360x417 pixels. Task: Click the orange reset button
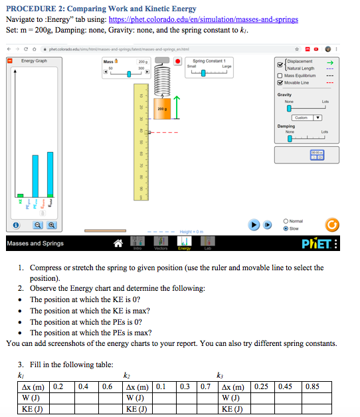[338, 224]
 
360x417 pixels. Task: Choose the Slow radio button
[286, 228]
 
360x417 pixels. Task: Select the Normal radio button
[286, 221]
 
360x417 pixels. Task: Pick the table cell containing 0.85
[312, 386]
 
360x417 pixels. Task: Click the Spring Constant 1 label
[209, 61]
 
